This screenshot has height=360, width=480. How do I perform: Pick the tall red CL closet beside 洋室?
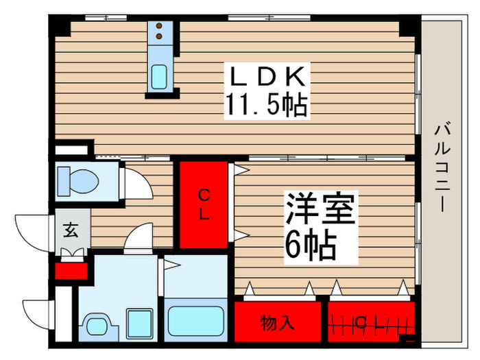204,204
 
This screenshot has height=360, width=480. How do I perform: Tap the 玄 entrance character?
71,230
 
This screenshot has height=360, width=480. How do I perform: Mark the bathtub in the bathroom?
196,320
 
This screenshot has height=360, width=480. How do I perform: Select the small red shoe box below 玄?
71,270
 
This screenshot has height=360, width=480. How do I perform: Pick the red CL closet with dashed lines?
371,320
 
